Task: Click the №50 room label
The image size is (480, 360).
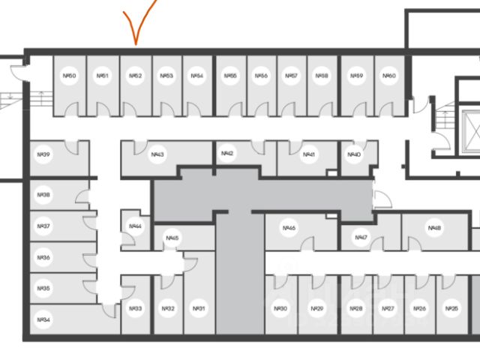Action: point(70,76)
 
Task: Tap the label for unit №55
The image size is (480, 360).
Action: point(231,76)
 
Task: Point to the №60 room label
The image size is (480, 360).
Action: point(388,76)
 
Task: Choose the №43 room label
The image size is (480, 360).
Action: point(157,155)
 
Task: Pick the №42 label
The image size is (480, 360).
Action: point(228,154)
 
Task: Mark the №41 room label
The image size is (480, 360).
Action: point(307,155)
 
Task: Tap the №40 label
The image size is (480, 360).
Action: point(355,154)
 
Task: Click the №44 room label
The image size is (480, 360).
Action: point(135,226)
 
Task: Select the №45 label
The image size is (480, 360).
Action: point(172,238)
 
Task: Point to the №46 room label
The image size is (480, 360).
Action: point(290,228)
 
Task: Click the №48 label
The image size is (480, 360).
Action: point(433,228)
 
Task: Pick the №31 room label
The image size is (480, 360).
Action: point(199,309)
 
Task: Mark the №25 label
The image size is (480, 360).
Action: point(451,309)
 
